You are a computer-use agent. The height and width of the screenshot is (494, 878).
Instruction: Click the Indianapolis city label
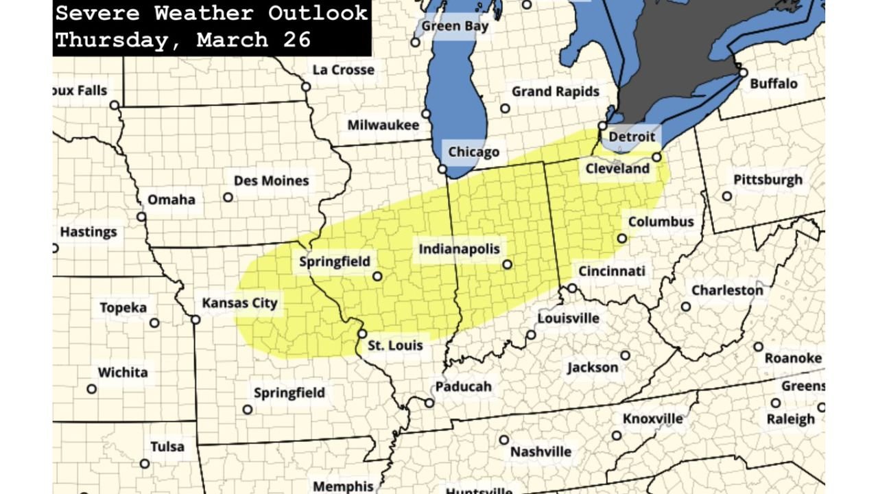[459, 249]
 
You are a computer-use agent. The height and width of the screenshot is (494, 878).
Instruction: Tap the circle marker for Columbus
[621, 239]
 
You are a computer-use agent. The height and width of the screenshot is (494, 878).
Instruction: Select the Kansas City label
[239, 303]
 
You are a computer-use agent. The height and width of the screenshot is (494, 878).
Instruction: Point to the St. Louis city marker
[362, 333]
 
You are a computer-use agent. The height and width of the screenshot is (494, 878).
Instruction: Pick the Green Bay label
[455, 26]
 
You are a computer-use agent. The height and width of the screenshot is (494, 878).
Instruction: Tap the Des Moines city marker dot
[228, 198]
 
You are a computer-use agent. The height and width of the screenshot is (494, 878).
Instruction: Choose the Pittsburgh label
[768, 180]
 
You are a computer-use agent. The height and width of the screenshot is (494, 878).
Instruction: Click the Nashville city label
[541, 452]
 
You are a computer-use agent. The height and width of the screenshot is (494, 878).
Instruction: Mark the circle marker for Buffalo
[743, 72]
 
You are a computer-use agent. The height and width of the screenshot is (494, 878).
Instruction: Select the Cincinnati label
[612, 271]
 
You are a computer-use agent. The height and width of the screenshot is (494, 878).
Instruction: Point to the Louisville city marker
[531, 335]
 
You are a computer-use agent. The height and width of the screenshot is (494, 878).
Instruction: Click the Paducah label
[463, 386]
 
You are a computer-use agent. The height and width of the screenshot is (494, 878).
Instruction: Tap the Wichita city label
[123, 373]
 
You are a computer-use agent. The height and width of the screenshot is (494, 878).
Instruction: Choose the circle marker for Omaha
[141, 217]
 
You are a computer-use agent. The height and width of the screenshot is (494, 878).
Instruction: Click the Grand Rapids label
[555, 91]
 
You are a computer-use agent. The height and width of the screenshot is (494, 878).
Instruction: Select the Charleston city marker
[685, 307]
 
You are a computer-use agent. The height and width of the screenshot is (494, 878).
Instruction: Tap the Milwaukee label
[383, 125]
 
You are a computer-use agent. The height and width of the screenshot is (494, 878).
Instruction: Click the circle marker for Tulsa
[145, 463]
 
